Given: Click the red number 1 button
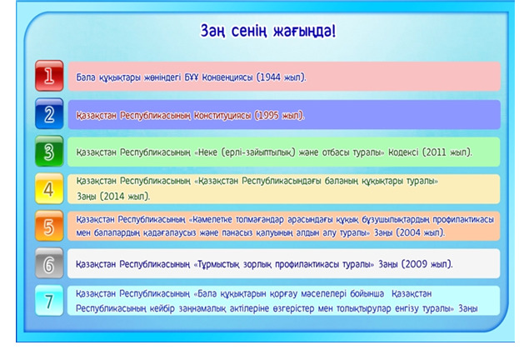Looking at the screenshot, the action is click(x=49, y=76).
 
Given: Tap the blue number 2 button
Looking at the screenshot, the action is click(x=49, y=113).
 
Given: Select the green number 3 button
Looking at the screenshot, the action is click(x=49, y=152).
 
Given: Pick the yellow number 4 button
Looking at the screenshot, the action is click(x=49, y=189).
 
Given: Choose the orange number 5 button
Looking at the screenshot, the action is click(x=49, y=227).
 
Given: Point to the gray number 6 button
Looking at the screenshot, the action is click(x=49, y=263).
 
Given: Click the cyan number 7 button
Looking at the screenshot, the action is click(x=49, y=301).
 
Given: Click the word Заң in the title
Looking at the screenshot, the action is click(x=212, y=31).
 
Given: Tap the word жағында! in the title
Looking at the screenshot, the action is click(x=305, y=31).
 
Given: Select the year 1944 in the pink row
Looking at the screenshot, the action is click(x=270, y=77).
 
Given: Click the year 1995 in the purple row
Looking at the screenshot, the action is click(x=268, y=115).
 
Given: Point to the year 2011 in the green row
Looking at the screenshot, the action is click(x=436, y=152).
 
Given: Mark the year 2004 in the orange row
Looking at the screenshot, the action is click(x=410, y=232).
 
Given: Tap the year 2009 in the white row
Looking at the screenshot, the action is click(x=416, y=264).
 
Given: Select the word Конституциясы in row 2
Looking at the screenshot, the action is click(x=222, y=116).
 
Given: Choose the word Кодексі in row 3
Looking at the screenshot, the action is click(x=403, y=152).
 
